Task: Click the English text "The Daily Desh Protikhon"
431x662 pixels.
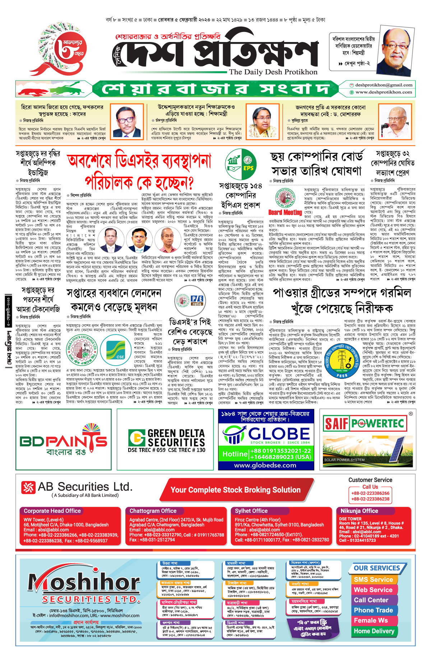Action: (x=273, y=72)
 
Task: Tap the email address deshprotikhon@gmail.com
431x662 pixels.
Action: (x=384, y=85)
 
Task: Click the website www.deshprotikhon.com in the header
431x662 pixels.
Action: (x=384, y=92)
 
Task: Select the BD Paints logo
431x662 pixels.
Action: (x=64, y=440)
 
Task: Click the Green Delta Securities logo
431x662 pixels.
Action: (x=166, y=440)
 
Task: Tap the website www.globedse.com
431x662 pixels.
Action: (x=265, y=465)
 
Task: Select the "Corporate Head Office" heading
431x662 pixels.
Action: (x=52, y=511)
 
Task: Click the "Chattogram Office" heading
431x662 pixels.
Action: (x=153, y=511)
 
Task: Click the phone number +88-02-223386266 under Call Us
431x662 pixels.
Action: (x=370, y=493)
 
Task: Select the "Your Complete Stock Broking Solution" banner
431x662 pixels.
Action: (x=235, y=490)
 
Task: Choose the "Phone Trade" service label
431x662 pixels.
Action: (x=373, y=610)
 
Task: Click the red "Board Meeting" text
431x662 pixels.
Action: (x=285, y=212)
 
